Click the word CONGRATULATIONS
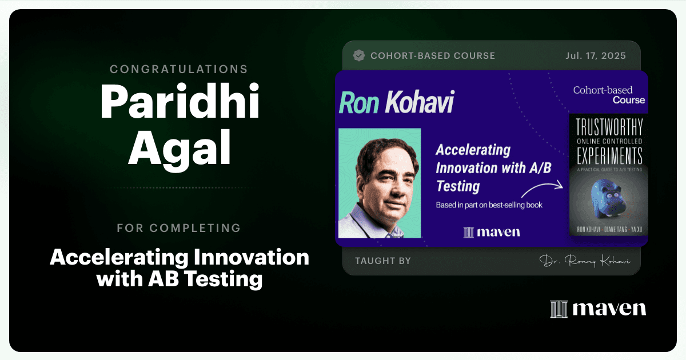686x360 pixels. point(179,69)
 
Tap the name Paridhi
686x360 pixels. point(180,102)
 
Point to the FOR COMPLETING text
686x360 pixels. point(179,228)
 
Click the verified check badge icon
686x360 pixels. point(359,55)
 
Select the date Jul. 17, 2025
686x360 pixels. point(596,56)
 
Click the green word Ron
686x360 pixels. point(359,102)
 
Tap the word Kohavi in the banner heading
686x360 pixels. point(420,102)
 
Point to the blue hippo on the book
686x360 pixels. point(608,199)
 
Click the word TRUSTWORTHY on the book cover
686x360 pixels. point(609,127)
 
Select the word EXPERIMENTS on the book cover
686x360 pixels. point(609,156)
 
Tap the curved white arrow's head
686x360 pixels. point(560,185)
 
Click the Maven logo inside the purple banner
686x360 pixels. point(492,232)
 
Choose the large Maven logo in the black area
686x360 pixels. point(598,309)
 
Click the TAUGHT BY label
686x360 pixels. point(383,261)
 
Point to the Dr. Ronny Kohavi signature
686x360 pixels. point(585,261)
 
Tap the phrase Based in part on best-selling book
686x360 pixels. point(489,205)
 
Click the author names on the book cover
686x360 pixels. point(609,229)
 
